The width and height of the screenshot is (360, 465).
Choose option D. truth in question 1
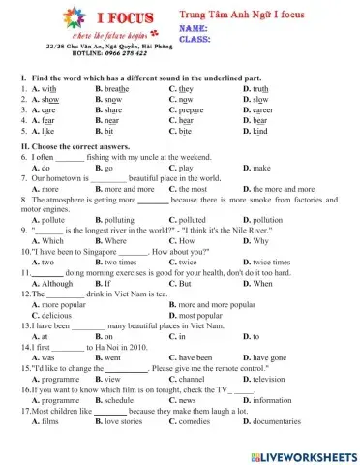click(255, 87)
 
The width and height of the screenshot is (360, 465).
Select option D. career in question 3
click(258, 110)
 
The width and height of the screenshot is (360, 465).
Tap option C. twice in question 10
click(182, 262)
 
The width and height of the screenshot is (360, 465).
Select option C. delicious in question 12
click(53, 315)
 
